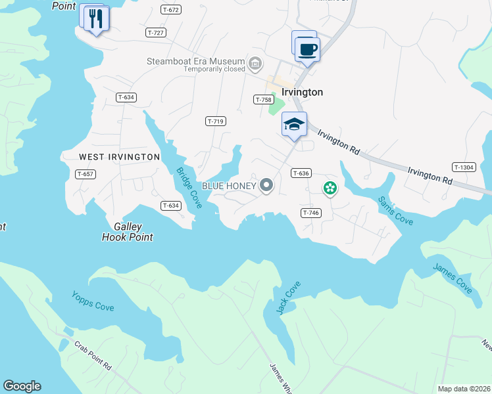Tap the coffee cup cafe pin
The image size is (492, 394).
[x=307, y=49]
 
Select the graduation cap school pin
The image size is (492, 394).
[x=294, y=124]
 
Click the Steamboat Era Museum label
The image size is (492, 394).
[x=195, y=63]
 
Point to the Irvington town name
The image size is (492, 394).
[x=303, y=93]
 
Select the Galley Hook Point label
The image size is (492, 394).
[x=128, y=232]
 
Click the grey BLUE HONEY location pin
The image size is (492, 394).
[x=266, y=186]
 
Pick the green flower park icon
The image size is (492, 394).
[x=330, y=189]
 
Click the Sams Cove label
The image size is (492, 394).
[x=395, y=210]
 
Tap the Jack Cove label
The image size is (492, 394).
[x=289, y=297]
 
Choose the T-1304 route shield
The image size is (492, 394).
[x=464, y=167]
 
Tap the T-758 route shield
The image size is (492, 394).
[x=264, y=99]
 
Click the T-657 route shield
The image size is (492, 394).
[x=86, y=174]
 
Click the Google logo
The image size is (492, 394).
[x=22, y=386]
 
